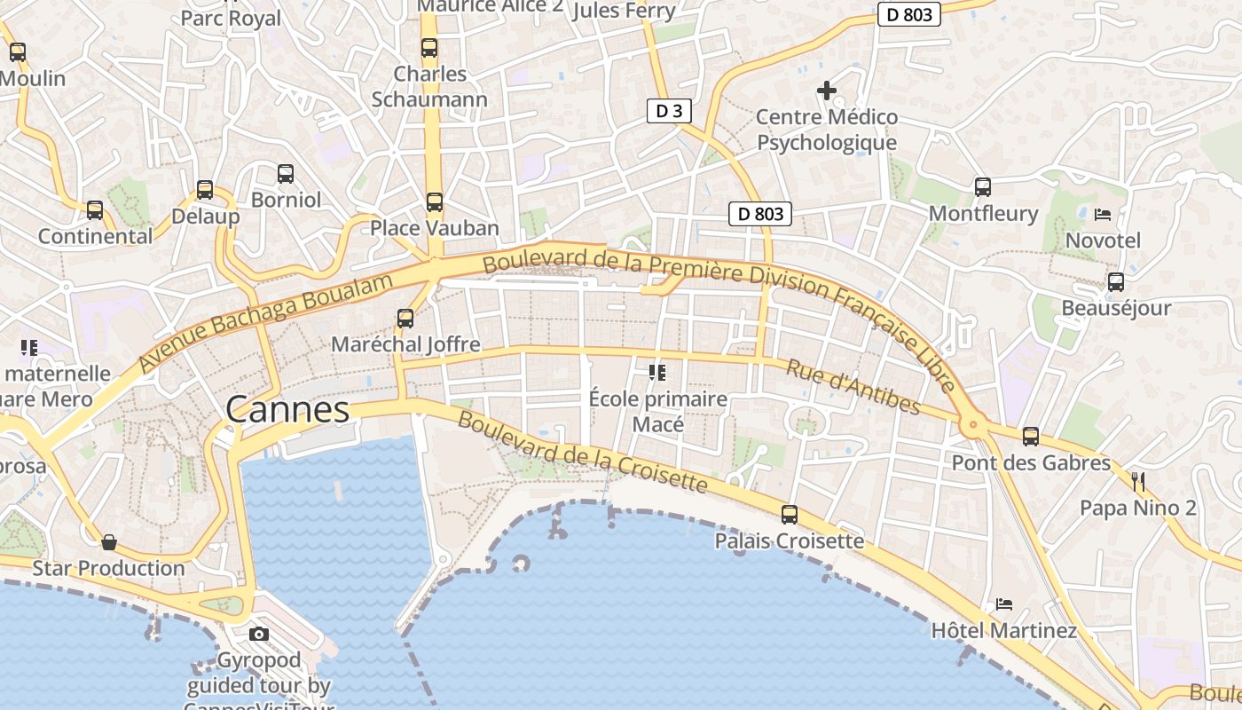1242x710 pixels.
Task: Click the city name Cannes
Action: [x=287, y=410]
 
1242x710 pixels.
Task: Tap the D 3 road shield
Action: [x=669, y=111]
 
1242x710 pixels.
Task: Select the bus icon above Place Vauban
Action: [x=435, y=202]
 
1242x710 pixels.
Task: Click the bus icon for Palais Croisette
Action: [x=790, y=515]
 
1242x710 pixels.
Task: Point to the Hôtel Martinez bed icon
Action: [x=1004, y=604]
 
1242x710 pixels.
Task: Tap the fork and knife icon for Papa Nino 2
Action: [x=1138, y=482]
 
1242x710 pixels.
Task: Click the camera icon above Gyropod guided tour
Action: [x=259, y=634]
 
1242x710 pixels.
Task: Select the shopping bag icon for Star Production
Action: [x=109, y=541]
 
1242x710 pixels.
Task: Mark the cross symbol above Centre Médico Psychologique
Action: [x=827, y=91]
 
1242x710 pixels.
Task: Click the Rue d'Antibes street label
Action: [x=853, y=387]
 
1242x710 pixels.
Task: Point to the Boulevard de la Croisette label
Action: [x=583, y=453]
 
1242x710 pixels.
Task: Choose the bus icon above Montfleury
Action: [x=983, y=187]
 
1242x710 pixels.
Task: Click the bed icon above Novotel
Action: [x=1103, y=214]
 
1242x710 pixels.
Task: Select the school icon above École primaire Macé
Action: [x=657, y=373]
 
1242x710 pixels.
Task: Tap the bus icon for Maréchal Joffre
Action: [x=405, y=318]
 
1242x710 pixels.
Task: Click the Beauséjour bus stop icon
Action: [x=1116, y=282]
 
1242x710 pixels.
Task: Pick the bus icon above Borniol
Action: [x=286, y=174]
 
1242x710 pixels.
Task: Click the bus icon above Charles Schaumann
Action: [x=429, y=48]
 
